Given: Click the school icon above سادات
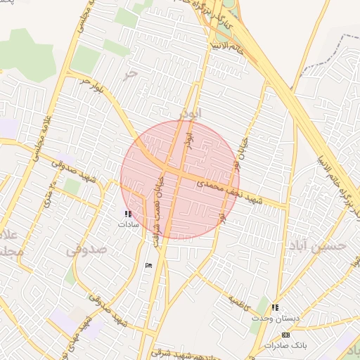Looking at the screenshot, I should click(127, 214).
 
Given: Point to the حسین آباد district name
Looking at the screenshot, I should click(318, 245).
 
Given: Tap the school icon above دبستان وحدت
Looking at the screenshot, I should click(275, 308).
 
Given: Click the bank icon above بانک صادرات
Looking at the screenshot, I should click(285, 335).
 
